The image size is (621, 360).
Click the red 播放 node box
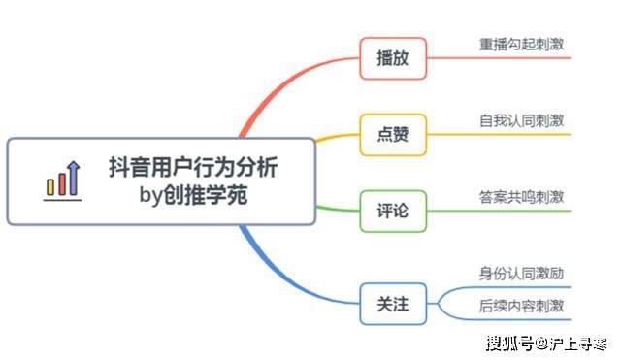[393, 58]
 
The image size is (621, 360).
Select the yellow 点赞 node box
[393, 135]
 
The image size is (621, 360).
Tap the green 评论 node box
[393, 210]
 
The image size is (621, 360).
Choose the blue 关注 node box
[393, 304]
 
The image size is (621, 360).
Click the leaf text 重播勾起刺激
[522, 45]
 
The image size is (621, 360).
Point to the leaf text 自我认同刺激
[522, 121]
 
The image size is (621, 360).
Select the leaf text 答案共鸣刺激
[522, 196]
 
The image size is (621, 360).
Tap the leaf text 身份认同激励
[522, 274]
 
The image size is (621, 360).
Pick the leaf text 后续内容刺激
[522, 306]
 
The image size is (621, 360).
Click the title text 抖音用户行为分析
[192, 167]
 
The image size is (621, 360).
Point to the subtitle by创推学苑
[193, 195]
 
